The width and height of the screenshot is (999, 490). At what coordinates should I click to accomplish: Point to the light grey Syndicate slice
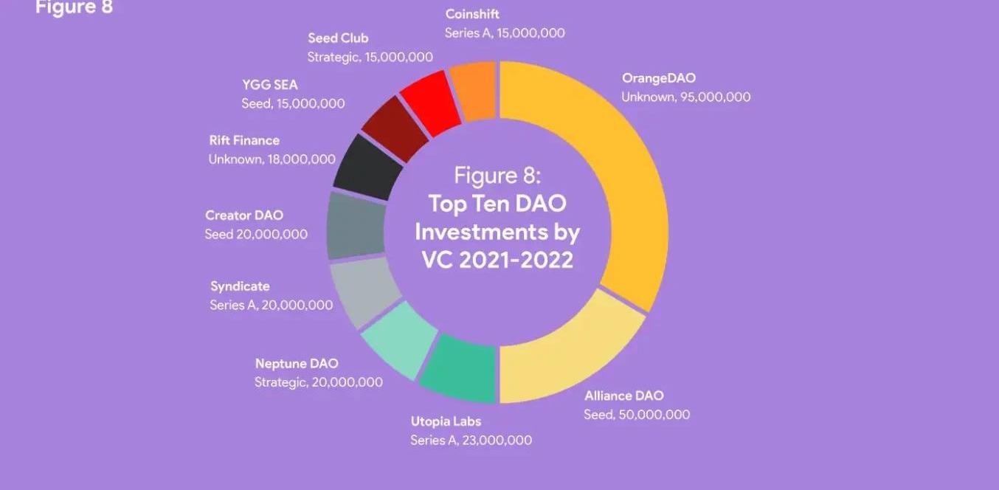tap(364, 291)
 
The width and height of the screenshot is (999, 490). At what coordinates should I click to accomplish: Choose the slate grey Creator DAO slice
tap(355, 225)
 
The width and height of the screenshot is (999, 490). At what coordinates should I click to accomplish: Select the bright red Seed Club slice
tap(430, 102)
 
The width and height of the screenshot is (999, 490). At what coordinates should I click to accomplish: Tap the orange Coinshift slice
tap(474, 90)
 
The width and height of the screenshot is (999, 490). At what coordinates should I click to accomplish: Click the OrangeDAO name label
tap(658, 78)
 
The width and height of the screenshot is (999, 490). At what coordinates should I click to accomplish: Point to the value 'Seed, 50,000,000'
tap(637, 415)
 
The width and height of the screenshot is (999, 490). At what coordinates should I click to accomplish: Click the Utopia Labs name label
tap(446, 421)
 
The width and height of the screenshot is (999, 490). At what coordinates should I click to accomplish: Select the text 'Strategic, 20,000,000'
tap(319, 382)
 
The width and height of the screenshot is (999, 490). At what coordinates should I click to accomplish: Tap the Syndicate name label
tap(240, 286)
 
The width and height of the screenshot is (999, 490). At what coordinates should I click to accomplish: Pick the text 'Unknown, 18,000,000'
tap(272, 159)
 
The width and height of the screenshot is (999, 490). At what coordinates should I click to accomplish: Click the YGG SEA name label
tap(269, 85)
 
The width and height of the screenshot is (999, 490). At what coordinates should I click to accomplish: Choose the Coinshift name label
tap(472, 14)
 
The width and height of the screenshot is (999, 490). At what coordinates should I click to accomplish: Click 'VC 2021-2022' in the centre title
tap(497, 260)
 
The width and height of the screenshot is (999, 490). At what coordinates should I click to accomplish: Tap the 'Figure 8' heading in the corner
tap(74, 7)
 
